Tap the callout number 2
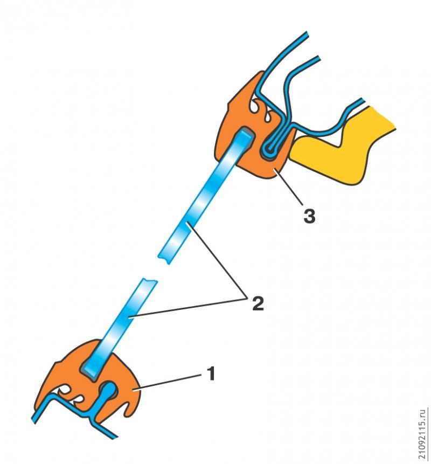click(x=258, y=303)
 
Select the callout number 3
click(x=309, y=216)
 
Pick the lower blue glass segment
click(x=119, y=329)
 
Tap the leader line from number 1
click(x=169, y=382)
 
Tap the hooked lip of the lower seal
click(x=130, y=408)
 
